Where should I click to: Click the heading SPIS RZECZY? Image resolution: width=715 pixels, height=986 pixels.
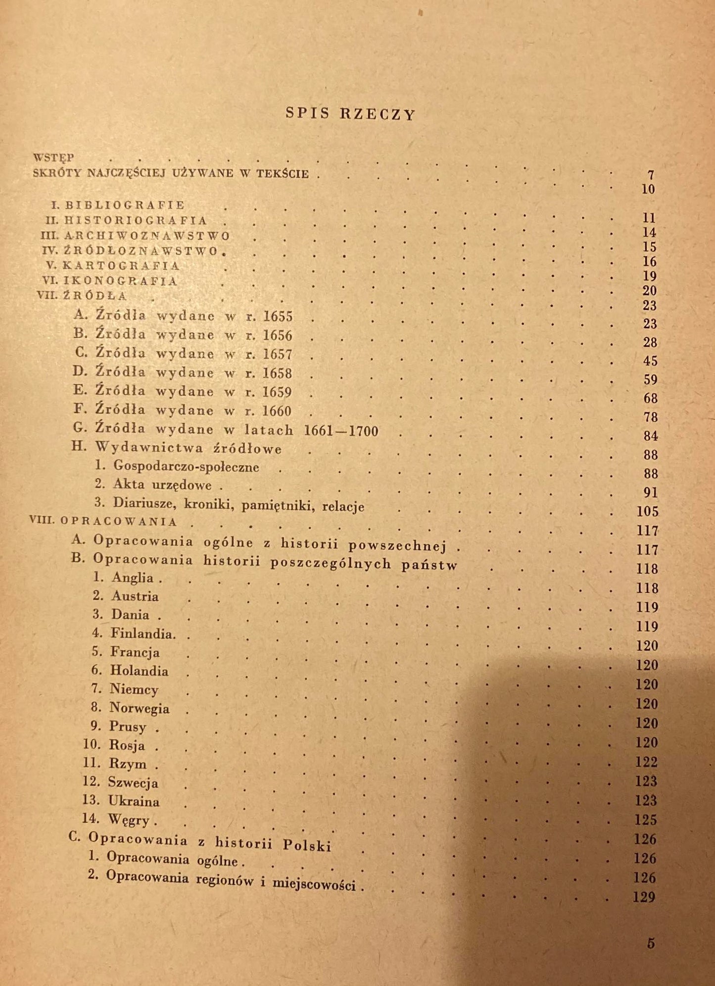coord(350,114)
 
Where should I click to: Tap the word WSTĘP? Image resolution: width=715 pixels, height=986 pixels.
coord(54,158)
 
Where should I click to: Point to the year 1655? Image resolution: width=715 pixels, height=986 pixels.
coord(278,316)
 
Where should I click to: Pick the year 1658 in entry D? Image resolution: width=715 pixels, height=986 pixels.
coord(277,373)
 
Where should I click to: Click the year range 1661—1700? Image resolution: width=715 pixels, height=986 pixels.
coord(341,431)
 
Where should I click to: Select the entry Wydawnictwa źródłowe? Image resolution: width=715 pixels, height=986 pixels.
coord(188,448)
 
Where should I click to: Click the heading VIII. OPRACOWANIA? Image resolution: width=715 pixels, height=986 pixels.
coord(103,521)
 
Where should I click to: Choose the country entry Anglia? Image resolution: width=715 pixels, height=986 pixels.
coord(132,577)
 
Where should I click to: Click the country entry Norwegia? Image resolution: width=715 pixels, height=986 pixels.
coord(139,708)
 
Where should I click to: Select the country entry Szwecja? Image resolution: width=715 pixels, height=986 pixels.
coord(133,783)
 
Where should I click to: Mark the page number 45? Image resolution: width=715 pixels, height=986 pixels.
coord(650,361)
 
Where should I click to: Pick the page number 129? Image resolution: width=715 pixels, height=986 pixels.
coord(644,897)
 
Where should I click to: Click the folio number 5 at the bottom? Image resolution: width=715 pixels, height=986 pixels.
coord(651,943)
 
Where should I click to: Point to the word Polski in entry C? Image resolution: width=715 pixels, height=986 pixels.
coord(307,845)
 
